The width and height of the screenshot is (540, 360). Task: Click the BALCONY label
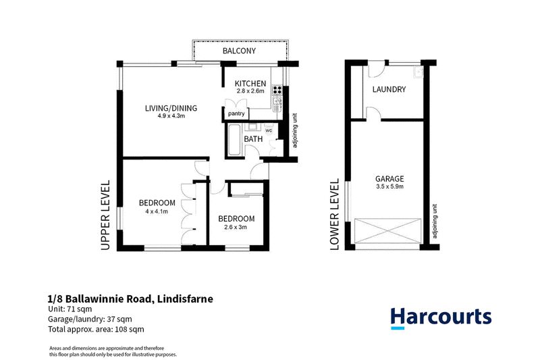(239, 51)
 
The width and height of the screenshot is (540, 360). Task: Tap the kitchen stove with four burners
(277, 90)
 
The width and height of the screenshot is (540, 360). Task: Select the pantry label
(236, 113)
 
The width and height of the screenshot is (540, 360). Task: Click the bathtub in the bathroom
(235, 140)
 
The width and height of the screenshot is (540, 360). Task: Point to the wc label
(269, 130)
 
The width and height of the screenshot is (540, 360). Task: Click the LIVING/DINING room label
(171, 108)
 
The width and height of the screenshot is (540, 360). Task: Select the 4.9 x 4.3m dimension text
(171, 116)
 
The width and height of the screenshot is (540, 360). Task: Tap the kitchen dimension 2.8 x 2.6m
(250, 91)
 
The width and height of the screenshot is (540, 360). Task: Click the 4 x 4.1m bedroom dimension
(157, 211)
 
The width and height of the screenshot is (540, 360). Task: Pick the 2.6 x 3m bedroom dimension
(236, 227)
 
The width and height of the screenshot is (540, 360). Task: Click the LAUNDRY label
(389, 90)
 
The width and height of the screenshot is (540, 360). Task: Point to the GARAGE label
(389, 179)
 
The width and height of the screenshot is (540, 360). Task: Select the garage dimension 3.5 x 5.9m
(389, 186)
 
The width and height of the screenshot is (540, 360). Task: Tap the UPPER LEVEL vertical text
(105, 215)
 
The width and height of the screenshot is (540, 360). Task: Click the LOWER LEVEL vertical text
(334, 214)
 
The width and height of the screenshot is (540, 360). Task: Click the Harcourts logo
(441, 317)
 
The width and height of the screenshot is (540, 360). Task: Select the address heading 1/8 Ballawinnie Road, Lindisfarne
(130, 299)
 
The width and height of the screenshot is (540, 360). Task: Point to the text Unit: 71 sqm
(70, 309)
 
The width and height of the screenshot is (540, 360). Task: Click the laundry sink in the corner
(418, 72)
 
